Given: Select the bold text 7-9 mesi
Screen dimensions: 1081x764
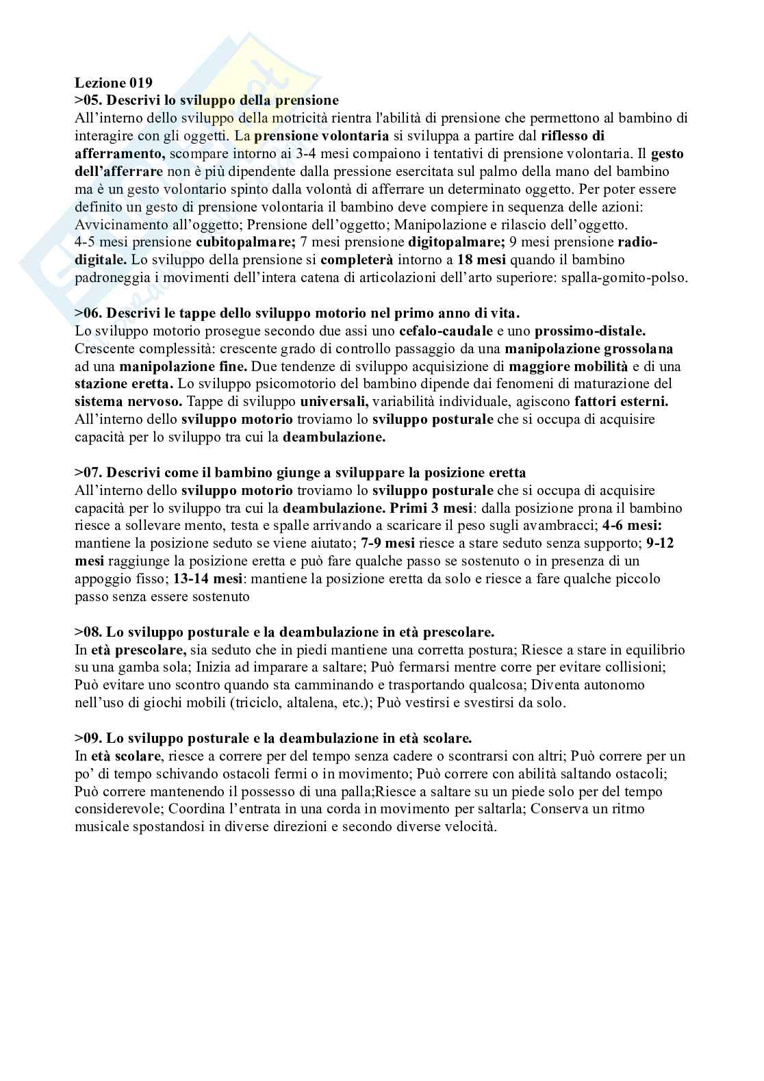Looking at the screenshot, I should pos(387,543).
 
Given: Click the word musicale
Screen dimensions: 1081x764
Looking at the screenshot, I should pos(98,826).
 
